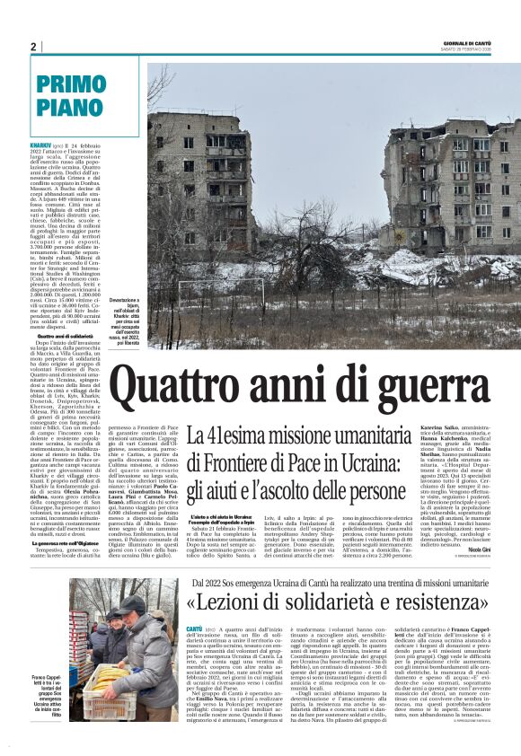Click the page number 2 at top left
click(34, 47)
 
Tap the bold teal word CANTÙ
click(194, 630)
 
